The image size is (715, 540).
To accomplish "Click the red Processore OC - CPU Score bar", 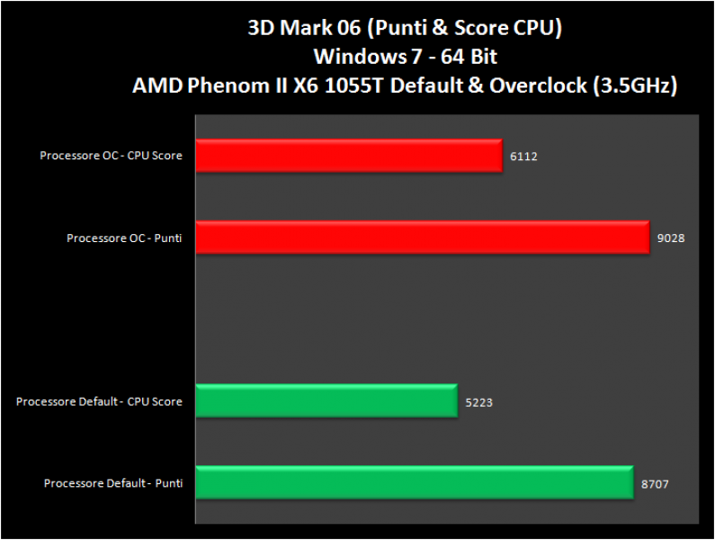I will point(348,156).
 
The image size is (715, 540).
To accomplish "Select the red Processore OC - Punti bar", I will point(421,238).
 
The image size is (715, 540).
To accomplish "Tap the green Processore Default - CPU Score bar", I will point(326,401).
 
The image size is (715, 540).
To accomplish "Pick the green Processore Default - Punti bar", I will point(414,483).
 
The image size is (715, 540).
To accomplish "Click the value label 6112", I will point(523,156).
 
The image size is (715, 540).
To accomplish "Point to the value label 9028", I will point(671,238).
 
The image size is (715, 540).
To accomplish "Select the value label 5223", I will point(478,402).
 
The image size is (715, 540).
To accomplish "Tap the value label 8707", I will point(655,484).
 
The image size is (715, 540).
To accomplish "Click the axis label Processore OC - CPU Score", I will point(111,156).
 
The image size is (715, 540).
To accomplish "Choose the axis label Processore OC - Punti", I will point(124,238).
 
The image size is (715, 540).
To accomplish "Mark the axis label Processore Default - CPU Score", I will point(99,401).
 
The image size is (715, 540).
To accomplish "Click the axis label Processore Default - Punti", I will point(113,483).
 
